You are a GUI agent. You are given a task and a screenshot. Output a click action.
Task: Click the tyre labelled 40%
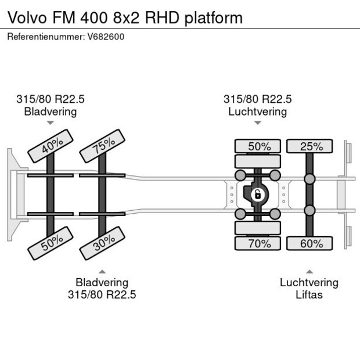tap(50, 145)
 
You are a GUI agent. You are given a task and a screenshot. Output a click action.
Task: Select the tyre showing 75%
tap(102, 146)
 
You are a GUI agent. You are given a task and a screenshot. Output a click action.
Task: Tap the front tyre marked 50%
tap(50, 243)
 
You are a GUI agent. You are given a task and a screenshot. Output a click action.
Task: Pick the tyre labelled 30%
tap(102, 243)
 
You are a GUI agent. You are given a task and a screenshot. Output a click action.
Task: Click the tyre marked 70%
tap(258, 244)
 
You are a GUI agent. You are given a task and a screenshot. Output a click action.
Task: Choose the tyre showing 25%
tap(309, 146)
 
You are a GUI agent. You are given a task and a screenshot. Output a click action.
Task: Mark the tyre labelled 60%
tap(309, 244)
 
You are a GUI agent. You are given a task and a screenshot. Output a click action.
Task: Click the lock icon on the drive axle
tap(255, 195)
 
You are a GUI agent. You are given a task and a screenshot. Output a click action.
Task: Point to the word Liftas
tap(309, 295)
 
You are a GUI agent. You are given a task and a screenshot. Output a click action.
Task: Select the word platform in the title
tap(213, 18)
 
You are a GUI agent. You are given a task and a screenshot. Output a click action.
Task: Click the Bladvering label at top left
tap(50, 111)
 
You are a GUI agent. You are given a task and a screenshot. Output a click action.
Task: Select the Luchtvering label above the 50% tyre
tap(257, 111)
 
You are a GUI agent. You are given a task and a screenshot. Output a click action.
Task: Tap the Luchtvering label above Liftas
tap(309, 283)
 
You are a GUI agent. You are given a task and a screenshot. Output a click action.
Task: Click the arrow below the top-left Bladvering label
tap(50, 123)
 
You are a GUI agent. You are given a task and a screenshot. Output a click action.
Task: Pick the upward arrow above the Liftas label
tap(309, 271)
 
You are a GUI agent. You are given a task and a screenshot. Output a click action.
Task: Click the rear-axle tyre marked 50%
tap(258, 146)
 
